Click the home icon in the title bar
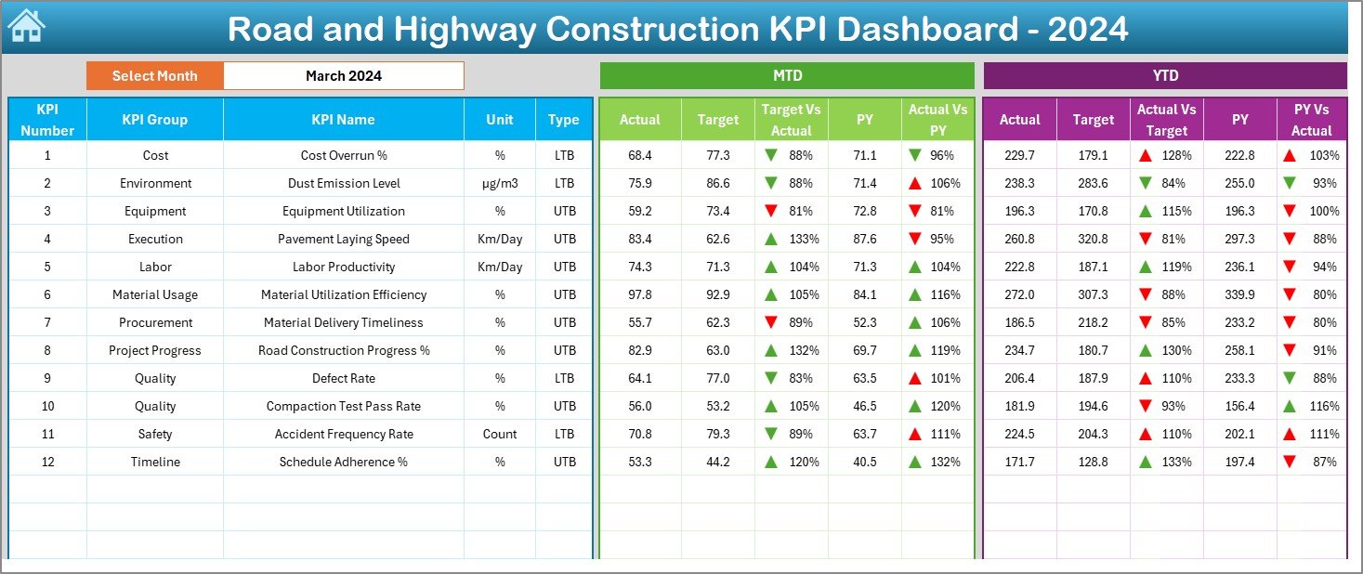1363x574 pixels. click(x=26, y=27)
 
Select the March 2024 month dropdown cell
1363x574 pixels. click(x=343, y=76)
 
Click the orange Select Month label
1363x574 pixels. click(x=154, y=76)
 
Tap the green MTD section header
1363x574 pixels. click(x=787, y=76)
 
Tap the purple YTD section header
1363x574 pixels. click(x=1164, y=76)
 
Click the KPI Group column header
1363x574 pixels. click(x=154, y=120)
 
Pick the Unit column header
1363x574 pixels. click(x=500, y=120)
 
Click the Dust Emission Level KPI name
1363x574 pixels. click(x=343, y=184)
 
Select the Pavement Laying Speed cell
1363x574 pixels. click(x=343, y=240)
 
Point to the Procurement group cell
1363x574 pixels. click(x=155, y=323)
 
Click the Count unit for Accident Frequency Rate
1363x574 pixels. click(x=500, y=435)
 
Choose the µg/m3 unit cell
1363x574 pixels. click(x=500, y=184)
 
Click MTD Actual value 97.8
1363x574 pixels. click(x=639, y=295)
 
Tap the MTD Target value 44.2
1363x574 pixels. click(x=717, y=463)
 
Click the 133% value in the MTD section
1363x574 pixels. click(x=804, y=240)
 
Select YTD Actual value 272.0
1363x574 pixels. click(x=1019, y=295)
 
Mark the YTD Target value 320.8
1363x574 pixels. click(x=1093, y=240)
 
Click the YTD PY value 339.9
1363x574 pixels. click(x=1239, y=295)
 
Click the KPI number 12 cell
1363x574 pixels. click(x=47, y=463)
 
